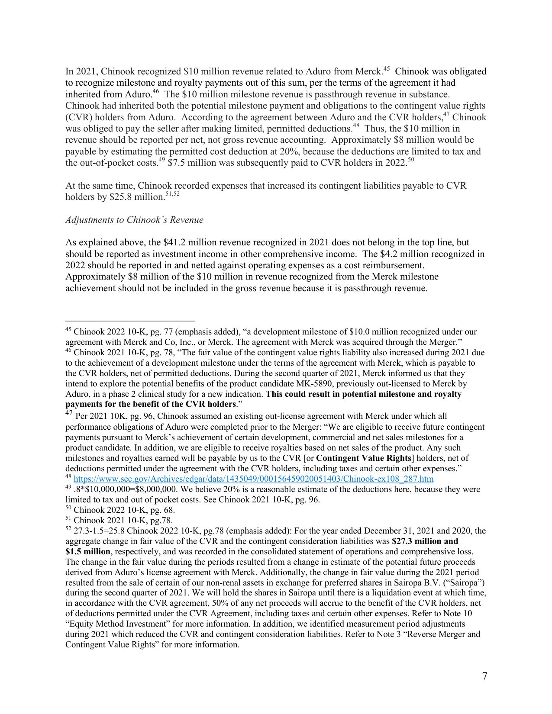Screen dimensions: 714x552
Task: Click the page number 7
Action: pos(484,676)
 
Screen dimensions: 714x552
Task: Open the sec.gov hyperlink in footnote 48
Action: pos(253,479)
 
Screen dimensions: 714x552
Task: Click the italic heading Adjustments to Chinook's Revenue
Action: pos(134,220)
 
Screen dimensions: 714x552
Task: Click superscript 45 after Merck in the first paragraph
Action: pos(387,69)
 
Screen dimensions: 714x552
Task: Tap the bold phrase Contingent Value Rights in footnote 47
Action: pos(363,458)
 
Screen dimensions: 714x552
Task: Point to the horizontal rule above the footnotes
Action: pos(130,321)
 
